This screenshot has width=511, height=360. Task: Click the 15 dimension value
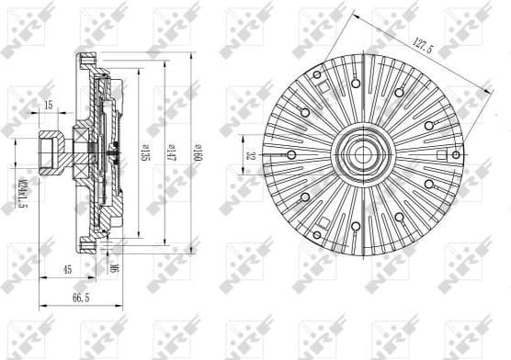(48, 106)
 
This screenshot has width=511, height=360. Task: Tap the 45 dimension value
(68, 269)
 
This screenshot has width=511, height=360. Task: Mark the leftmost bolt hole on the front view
(290, 154)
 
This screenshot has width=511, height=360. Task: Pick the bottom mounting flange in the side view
(88, 244)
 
